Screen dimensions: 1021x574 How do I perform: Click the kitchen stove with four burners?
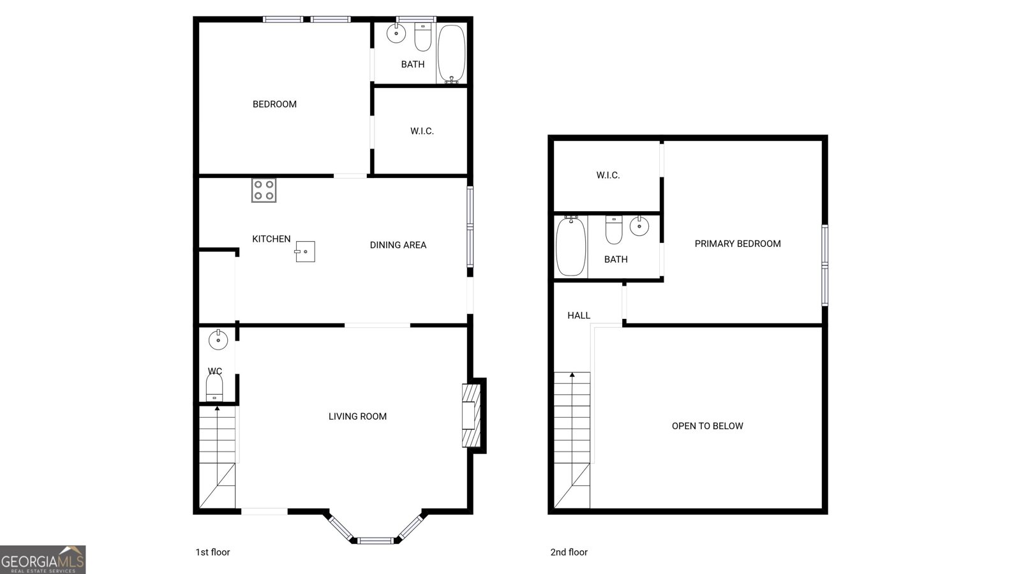point(264,190)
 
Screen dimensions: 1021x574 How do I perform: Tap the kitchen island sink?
point(305,251)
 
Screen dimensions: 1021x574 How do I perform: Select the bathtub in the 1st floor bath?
point(451,54)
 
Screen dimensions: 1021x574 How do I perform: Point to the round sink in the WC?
point(218,340)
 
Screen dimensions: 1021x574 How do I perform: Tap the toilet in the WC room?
point(214,387)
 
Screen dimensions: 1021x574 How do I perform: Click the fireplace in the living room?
point(472,415)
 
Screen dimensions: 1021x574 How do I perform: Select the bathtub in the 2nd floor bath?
point(570,246)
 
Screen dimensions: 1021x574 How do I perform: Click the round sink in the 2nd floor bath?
point(639,226)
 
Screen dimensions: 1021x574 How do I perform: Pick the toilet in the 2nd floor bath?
point(614,230)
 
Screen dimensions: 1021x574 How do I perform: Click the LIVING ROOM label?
point(357,416)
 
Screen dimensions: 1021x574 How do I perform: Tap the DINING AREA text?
point(398,245)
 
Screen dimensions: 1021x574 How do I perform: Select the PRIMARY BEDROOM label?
point(738,244)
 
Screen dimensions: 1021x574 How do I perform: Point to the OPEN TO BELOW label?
point(708,426)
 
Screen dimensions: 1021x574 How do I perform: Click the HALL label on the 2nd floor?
point(579,315)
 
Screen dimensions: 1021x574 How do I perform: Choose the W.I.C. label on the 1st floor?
point(422,131)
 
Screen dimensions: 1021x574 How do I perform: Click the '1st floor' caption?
point(213,552)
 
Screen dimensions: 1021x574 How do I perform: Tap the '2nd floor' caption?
point(569,552)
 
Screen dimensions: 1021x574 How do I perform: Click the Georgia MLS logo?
point(43,560)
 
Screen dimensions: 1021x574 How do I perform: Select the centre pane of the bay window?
point(375,541)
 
